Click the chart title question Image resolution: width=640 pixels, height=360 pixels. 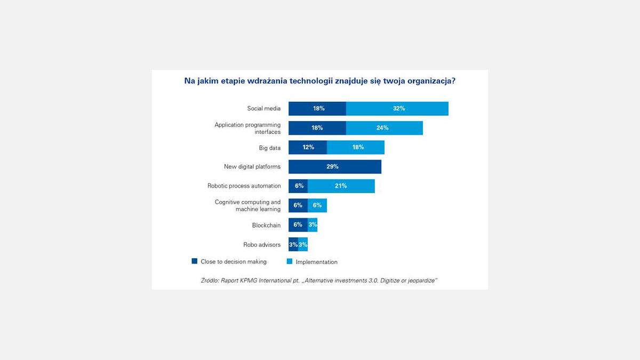pyautogui.click(x=319, y=81)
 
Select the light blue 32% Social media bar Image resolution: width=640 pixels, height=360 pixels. pyautogui.click(x=397, y=108)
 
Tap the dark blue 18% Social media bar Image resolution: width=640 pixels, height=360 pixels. pyautogui.click(x=317, y=108)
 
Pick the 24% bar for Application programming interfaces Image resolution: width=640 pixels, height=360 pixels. pyautogui.click(x=385, y=128)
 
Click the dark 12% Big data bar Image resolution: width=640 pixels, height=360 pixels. pyautogui.click(x=308, y=147)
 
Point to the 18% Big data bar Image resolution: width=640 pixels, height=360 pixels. pyautogui.click(x=356, y=147)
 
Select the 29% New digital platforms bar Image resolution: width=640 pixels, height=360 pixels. pyautogui.click(x=335, y=166)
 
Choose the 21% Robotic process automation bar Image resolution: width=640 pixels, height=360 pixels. pyautogui.click(x=341, y=186)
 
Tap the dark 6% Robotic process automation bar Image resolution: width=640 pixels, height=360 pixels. pyautogui.click(x=298, y=186)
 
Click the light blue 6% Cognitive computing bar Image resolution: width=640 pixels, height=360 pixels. pyautogui.click(x=317, y=205)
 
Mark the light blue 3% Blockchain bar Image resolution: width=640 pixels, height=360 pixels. pyautogui.click(x=313, y=225)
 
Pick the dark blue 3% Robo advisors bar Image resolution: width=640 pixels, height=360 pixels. pyautogui.click(x=293, y=244)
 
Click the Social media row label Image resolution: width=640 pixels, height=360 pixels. pyautogui.click(x=263, y=109)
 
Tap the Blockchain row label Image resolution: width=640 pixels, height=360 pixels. pyautogui.click(x=266, y=226)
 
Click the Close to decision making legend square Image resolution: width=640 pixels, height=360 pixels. pyautogui.click(x=195, y=261)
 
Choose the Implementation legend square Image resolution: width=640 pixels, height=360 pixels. pyautogui.click(x=290, y=261)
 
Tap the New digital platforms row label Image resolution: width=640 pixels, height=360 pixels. pyautogui.click(x=252, y=167)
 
